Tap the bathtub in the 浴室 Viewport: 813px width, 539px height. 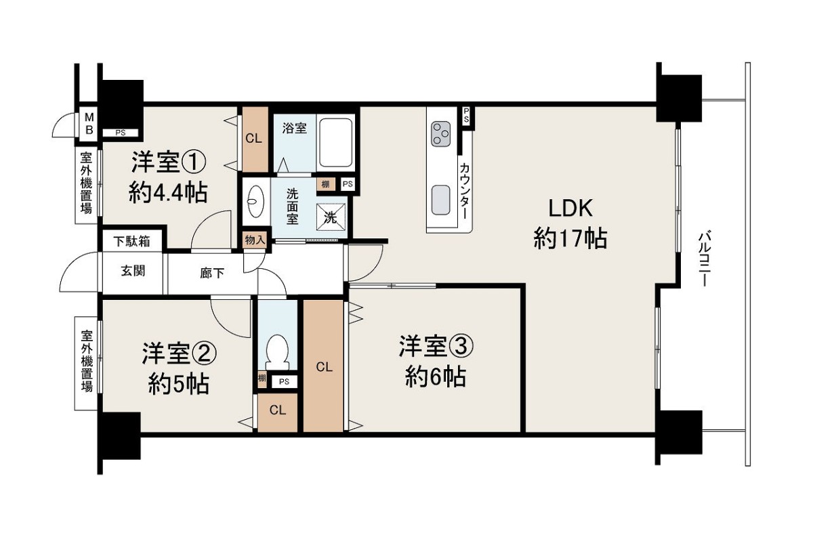pos(335,143)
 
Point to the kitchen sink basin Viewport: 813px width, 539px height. pos(441,200)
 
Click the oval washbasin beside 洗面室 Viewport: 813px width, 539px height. pos(255,201)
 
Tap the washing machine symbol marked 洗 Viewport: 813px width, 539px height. pos(331,217)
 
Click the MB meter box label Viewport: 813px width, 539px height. pos(89,123)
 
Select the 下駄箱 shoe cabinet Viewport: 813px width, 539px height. pos(131,241)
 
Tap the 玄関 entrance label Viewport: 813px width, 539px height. pos(133,271)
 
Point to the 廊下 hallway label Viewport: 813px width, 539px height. pos(212,273)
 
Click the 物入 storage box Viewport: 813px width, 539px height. pos(255,240)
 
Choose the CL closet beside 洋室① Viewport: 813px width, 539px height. pos(255,139)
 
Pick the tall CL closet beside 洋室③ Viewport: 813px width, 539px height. pos(323,366)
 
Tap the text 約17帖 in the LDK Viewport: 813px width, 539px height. pos(570,238)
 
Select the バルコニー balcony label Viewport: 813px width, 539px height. pos(703,258)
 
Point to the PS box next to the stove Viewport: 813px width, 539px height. pos(466,116)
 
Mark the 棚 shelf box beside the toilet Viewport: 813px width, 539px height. pos(262,379)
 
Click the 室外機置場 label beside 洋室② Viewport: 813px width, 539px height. pos(87,360)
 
